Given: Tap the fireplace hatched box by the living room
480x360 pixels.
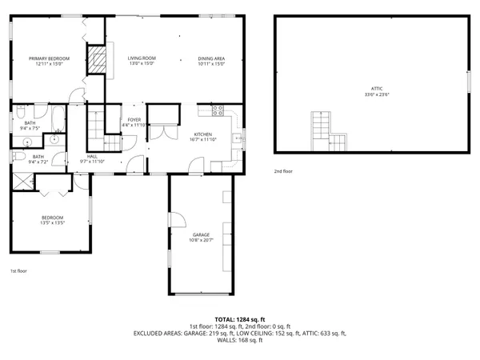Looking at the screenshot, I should tap(96, 59).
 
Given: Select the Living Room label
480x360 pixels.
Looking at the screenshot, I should tap(142, 58).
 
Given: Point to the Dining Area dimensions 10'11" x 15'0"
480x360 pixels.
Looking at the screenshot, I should tap(212, 64).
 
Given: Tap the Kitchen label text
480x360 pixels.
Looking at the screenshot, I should tap(202, 134).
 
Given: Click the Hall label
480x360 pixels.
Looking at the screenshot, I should tap(93, 157).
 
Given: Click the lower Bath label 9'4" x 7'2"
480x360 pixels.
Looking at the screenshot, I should tap(38, 158).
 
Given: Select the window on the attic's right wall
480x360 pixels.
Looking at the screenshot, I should tap(467, 82).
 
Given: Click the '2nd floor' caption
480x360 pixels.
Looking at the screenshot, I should tap(283, 171).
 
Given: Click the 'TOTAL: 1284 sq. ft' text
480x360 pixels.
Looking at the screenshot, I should tap(239, 319).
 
